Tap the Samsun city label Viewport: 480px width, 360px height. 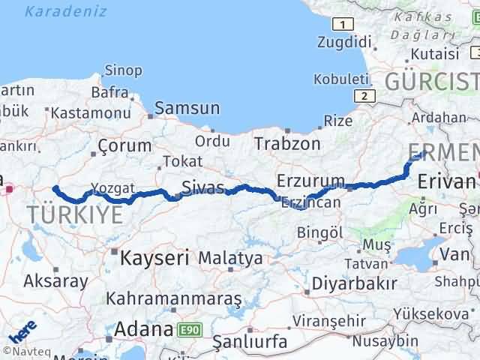[188, 108]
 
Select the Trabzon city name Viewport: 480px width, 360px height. [287, 143]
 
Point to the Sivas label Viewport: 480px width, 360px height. [202, 186]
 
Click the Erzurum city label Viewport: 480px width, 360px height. [310, 181]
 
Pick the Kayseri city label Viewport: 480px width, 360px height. [154, 259]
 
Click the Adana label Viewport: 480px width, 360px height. [143, 328]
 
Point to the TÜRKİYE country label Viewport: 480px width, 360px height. [75, 215]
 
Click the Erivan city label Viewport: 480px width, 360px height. [447, 181]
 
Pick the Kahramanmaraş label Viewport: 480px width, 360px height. [174, 298]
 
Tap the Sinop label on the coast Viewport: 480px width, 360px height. [123, 70]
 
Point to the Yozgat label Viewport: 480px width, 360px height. [113, 187]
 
